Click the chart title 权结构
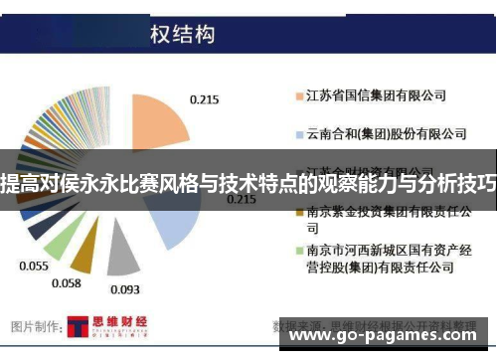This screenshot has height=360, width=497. [x=183, y=35]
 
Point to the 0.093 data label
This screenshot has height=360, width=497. [x=124, y=289]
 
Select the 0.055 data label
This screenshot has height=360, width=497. [x=33, y=268]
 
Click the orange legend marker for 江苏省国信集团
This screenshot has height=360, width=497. [x=298, y=97]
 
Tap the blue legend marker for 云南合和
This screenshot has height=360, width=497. [x=298, y=133]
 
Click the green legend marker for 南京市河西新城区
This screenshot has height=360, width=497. [x=298, y=250]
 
